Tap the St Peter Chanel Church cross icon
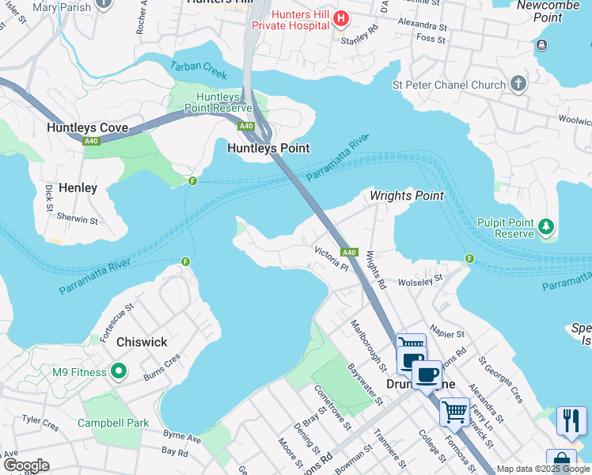click(x=518, y=83)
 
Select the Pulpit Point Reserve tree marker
click(x=545, y=228)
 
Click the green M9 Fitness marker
click(x=119, y=370)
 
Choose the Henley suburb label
click(x=78, y=188)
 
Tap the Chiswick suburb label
click(x=142, y=342)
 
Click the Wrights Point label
click(x=407, y=196)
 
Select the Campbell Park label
click(x=113, y=423)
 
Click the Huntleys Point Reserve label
click(x=218, y=102)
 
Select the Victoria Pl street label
click(x=331, y=258)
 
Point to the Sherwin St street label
click(x=78, y=220)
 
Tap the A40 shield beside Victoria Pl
click(x=350, y=253)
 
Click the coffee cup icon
click(x=427, y=374)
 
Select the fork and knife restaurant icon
click(x=571, y=420)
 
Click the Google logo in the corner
click(x=25, y=465)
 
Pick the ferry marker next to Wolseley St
click(x=469, y=258)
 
